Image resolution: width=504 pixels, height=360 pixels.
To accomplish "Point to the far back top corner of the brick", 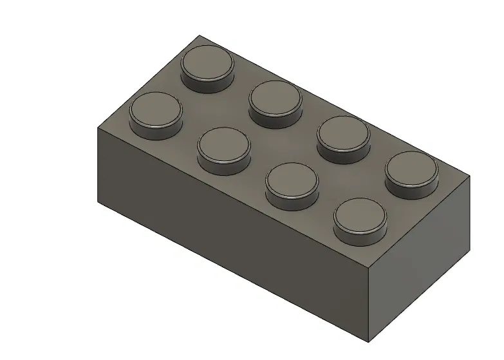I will point(199,35).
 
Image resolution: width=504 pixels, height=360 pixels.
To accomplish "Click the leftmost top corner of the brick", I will point(98,128).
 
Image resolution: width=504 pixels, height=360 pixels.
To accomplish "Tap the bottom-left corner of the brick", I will point(98,204).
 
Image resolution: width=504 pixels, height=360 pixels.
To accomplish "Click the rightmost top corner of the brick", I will point(469,176).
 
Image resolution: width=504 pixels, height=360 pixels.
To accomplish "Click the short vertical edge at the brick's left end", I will point(98,166).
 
